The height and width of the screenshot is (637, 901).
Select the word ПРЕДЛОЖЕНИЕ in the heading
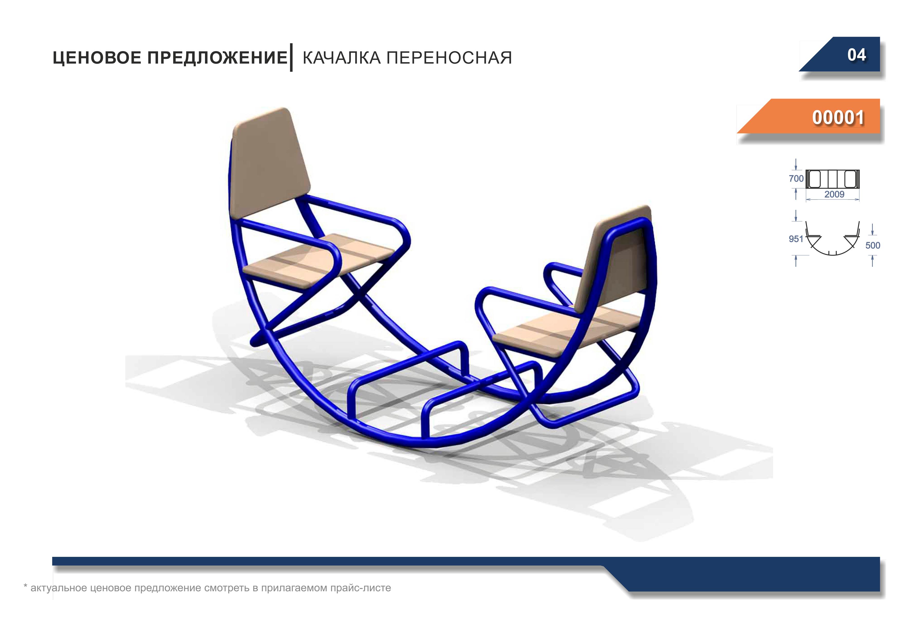[217, 58]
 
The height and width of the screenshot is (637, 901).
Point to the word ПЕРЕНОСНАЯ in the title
[449, 58]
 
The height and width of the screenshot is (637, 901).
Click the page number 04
[857, 55]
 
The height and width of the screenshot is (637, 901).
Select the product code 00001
[838, 117]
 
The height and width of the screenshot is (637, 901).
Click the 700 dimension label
[796, 179]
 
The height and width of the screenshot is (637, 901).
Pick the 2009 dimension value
[834, 194]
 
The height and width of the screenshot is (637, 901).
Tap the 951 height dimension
[796, 239]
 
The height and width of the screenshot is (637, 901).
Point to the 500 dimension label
[873, 245]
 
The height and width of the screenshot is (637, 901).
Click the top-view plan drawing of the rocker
[833, 179]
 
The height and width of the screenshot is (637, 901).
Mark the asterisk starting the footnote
[25, 586]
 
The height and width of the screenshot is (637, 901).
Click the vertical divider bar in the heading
[291, 57]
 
